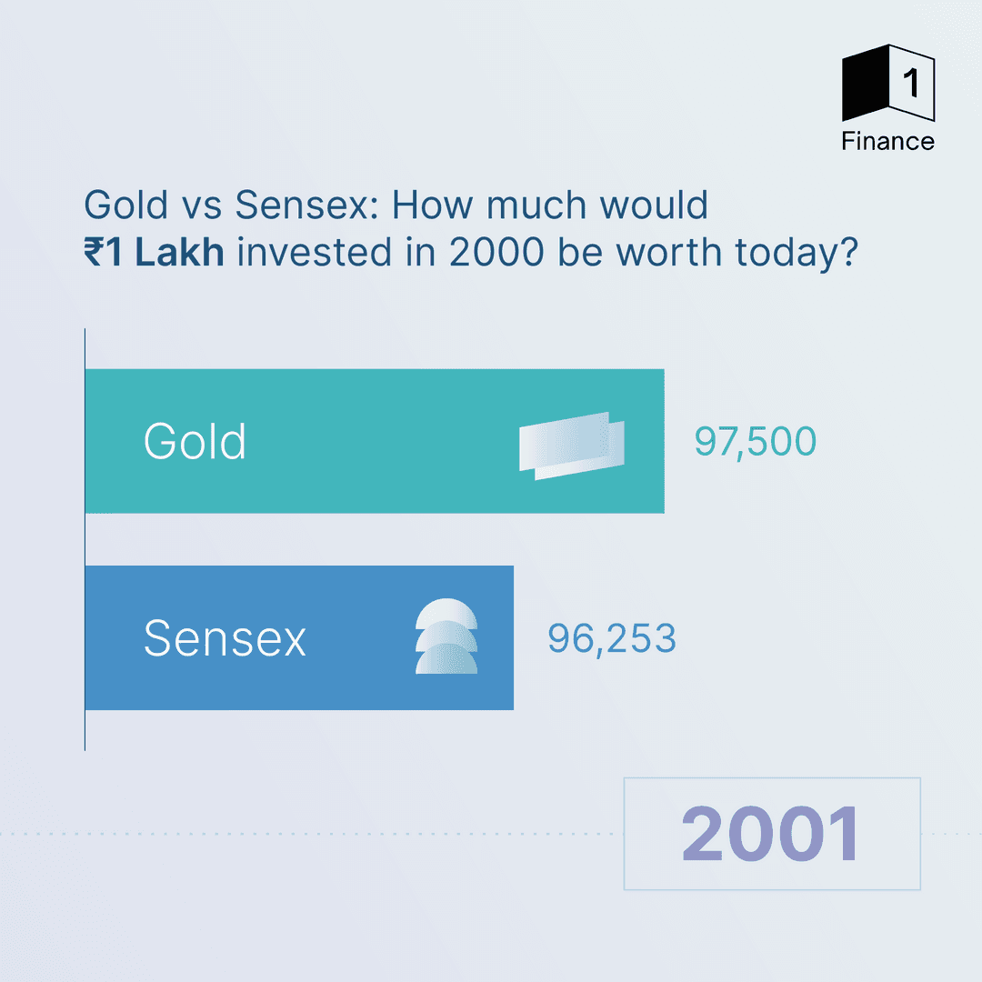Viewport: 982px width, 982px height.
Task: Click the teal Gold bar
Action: click(375, 441)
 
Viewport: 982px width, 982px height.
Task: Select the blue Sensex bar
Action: click(299, 637)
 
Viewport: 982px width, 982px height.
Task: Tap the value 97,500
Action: click(756, 442)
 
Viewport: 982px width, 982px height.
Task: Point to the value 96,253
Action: click(612, 639)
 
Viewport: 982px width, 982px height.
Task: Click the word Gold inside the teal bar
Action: click(195, 441)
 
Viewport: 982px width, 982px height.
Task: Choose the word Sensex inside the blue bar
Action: click(225, 638)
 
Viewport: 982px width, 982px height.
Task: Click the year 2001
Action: click(772, 834)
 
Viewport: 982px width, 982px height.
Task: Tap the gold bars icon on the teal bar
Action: click(572, 446)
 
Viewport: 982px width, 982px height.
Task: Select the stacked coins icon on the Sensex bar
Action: click(446, 636)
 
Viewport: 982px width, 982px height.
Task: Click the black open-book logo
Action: click(888, 83)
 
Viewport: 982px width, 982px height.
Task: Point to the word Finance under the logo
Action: click(888, 142)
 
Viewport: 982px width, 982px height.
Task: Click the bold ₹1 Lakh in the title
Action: click(154, 253)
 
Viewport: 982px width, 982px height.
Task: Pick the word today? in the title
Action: click(796, 253)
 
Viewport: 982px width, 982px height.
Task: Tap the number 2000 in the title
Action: click(496, 253)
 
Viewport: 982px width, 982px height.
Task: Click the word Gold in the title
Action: click(126, 205)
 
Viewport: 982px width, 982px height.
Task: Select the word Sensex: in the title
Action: click(307, 205)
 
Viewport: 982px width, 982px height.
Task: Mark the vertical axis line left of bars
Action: click(85, 539)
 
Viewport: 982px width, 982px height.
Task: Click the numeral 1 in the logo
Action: click(911, 84)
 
